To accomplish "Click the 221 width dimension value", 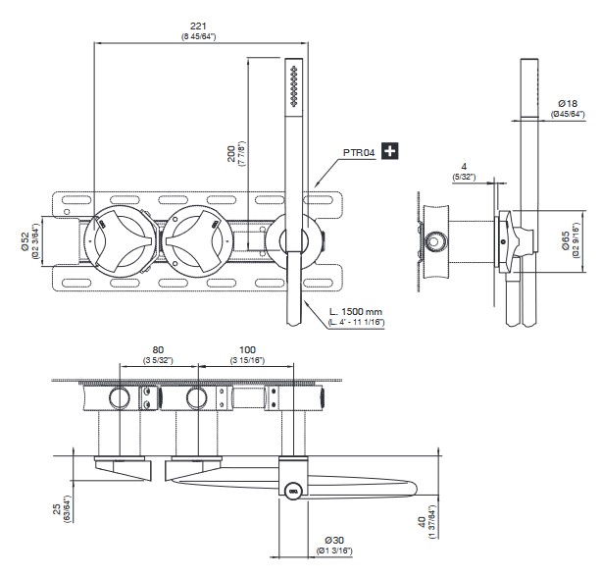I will [199, 26].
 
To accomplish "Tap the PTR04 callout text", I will [359, 152].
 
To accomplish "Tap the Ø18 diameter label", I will [566, 102].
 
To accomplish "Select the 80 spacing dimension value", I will [159, 348].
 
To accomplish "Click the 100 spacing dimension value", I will [246, 348].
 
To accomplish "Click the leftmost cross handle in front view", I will [119, 237].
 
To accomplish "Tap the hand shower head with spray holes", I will [291, 93].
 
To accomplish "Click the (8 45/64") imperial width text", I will [199, 36].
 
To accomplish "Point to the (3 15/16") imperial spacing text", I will [246, 359].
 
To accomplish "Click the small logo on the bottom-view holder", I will [292, 488].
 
